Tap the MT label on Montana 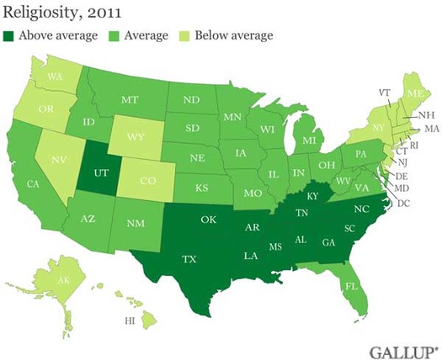(129, 99)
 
